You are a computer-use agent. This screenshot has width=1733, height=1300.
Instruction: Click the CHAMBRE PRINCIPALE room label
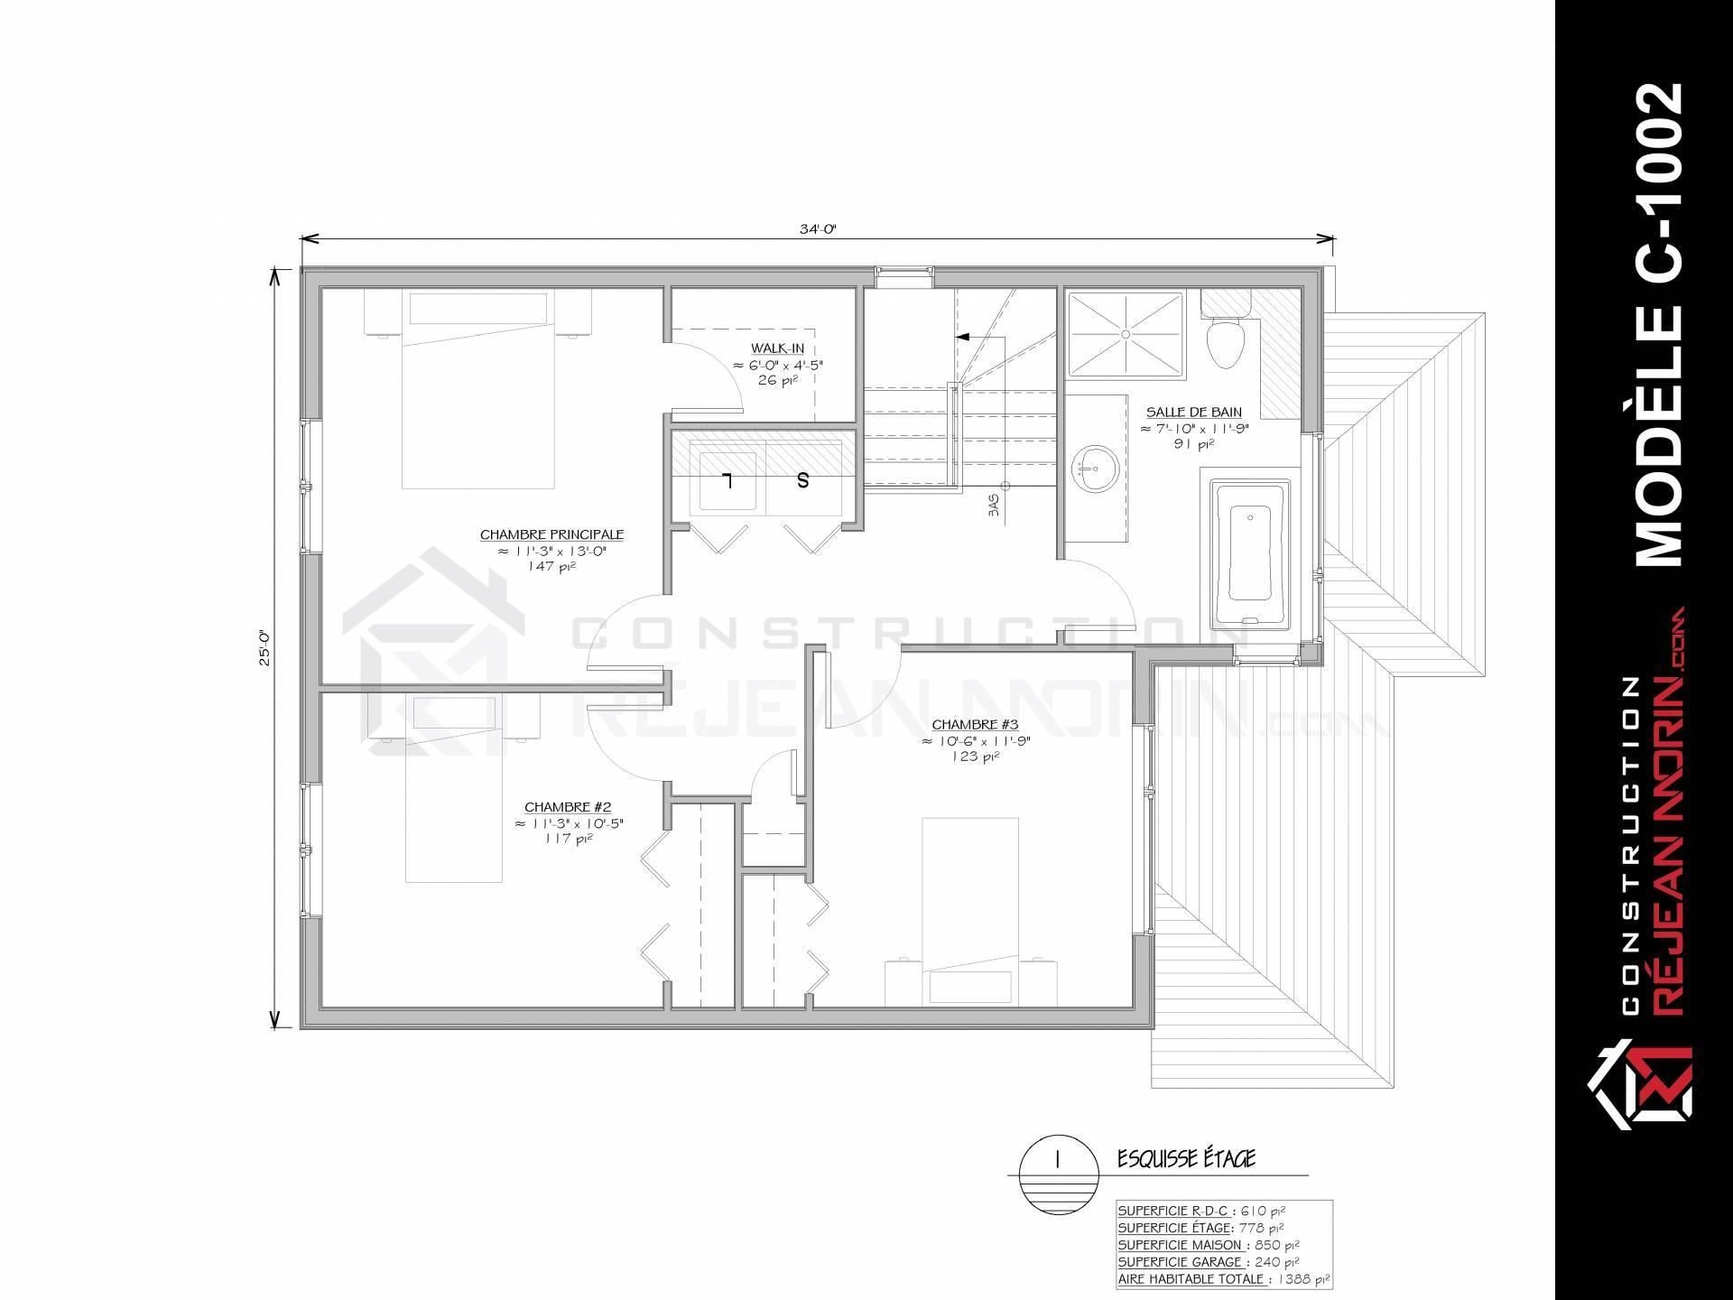pos(551,534)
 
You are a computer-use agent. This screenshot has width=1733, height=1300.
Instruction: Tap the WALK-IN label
pos(777,348)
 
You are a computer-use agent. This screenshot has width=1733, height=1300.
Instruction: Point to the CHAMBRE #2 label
pos(569,807)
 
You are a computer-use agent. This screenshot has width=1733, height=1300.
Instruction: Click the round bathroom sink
pos(1095,469)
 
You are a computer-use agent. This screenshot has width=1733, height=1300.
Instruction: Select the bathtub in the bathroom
pos(1250,554)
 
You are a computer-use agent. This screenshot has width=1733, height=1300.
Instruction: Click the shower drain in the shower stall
pos(1125,333)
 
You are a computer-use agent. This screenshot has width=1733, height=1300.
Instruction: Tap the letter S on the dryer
pos(802,480)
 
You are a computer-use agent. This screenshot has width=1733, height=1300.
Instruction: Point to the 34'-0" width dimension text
pos(818,228)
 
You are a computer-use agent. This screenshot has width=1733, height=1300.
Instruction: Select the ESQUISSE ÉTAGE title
pos(1186,1158)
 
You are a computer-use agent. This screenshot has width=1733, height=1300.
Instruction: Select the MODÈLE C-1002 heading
pos(1659,325)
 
